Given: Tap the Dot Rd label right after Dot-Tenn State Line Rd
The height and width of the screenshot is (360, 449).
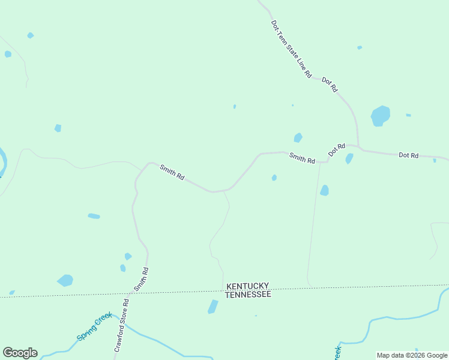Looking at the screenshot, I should click(330, 85).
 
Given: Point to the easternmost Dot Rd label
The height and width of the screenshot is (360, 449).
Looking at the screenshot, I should click(408, 155).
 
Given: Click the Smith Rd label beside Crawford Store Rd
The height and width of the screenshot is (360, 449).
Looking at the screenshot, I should click(141, 279).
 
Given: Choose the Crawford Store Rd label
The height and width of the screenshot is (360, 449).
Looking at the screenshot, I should click(122, 325).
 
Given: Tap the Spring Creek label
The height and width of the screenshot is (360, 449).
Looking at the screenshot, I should click(94, 326).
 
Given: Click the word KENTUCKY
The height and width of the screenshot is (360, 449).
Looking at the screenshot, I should click(247, 286).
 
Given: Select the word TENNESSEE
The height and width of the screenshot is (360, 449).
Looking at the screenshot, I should click(249, 295).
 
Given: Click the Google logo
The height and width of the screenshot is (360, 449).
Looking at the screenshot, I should click(20, 353).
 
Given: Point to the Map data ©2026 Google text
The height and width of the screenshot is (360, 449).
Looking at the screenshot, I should click(412, 355).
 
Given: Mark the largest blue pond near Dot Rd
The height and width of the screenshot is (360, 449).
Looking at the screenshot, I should click(380, 115).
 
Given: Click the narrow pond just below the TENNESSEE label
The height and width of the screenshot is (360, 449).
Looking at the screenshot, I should click(212, 307).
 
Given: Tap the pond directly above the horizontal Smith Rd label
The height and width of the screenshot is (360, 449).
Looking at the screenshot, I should click(298, 137).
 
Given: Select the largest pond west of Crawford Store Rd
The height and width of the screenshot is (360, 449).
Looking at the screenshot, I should click(65, 280).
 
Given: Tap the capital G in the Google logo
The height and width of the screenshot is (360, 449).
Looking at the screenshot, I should click(8, 353).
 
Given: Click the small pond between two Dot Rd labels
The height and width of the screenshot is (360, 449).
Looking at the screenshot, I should click(349, 159).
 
